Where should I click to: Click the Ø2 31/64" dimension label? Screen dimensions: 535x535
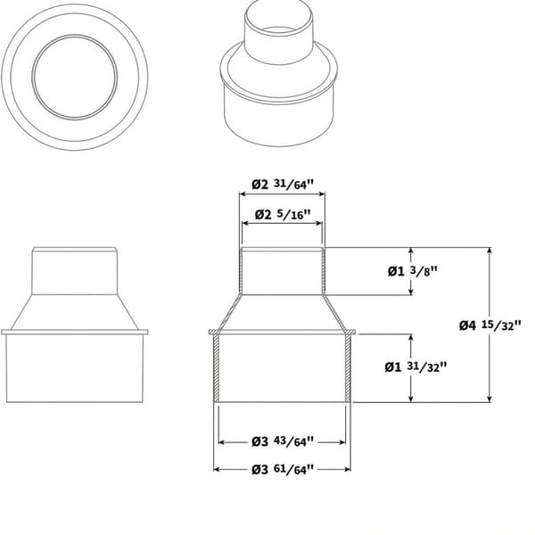tap(282, 185)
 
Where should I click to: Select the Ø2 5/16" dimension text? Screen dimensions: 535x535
tap(283, 215)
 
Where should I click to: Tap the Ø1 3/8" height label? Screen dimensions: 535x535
tap(412, 271)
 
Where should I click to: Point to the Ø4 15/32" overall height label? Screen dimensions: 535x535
tap(490, 325)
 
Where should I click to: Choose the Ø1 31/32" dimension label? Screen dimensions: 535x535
tap(416, 366)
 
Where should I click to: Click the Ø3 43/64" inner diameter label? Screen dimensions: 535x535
tap(282, 441)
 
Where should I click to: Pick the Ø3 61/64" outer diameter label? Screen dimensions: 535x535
tap(282, 470)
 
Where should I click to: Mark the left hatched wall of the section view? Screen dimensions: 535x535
tap(216, 368)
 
